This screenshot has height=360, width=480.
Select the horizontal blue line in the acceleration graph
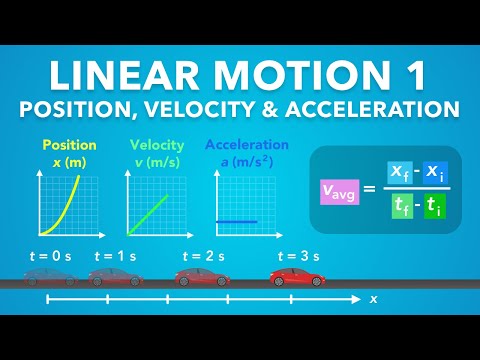237,220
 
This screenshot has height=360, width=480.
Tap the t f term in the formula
402,207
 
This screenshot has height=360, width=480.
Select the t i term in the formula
435,207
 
